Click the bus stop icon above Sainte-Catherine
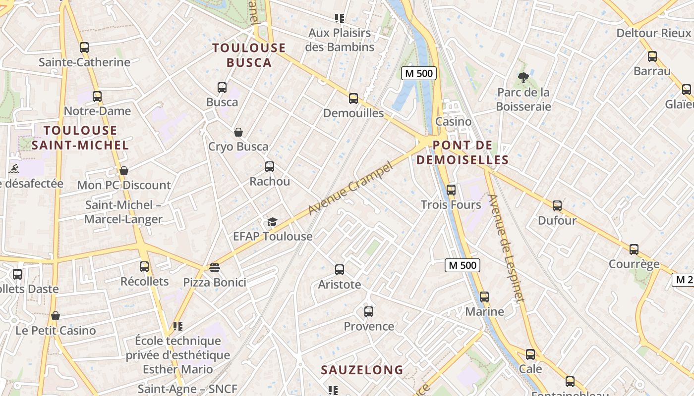point(84,48)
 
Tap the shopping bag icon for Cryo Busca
point(238,132)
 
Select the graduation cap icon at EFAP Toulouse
point(272,222)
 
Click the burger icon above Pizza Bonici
point(215,268)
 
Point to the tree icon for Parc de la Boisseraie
point(523,77)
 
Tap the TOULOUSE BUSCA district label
point(249,55)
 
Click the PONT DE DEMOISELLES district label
point(462,152)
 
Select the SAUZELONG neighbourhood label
point(362,370)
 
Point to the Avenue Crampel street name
point(350,188)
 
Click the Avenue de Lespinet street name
point(506,247)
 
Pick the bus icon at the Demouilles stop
point(353,99)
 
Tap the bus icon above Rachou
point(270,167)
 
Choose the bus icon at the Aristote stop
point(340,270)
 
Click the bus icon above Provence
point(369,312)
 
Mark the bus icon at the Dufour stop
point(557,206)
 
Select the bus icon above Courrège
point(634,249)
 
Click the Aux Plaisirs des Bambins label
point(340,40)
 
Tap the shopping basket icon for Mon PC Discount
point(124,171)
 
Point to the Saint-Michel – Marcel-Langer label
point(123,212)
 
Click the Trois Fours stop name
point(451,205)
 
